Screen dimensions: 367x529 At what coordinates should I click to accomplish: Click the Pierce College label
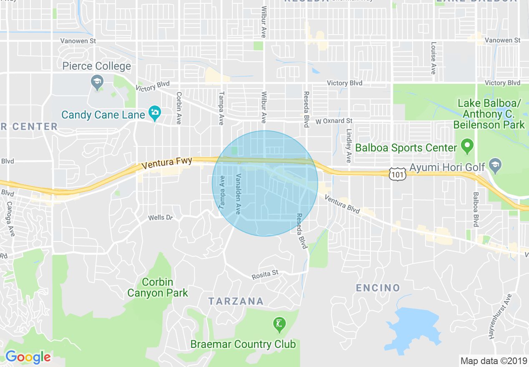coord(96,66)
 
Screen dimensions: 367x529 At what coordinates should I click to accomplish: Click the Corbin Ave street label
coord(179,108)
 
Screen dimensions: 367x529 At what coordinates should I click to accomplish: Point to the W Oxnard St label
coord(333,121)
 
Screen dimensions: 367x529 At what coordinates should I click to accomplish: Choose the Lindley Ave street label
coord(349,145)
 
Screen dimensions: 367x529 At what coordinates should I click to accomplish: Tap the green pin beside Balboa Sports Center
coord(467,146)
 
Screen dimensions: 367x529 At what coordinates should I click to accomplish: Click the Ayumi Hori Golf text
coord(447,167)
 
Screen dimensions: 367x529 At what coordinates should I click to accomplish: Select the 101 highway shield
coord(398,174)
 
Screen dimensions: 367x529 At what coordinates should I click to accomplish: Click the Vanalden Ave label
coord(238,194)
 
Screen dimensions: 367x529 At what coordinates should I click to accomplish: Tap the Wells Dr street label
coord(160,218)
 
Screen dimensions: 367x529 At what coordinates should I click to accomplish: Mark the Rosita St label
coord(264,274)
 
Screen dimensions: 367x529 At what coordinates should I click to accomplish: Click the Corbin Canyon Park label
coord(157,287)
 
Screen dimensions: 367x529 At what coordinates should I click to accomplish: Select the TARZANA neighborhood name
coord(236,301)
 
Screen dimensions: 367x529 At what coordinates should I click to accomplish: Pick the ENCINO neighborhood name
coord(378,288)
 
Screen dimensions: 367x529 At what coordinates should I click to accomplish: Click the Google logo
coord(28,357)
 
